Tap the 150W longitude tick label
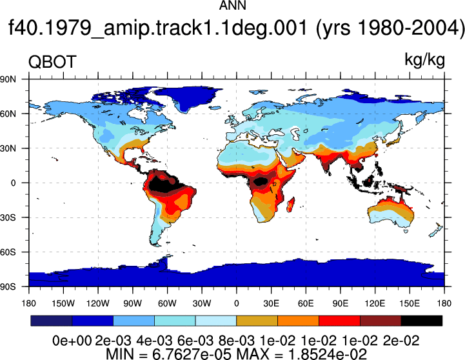(63, 303)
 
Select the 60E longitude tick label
(306, 303)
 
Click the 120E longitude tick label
(375, 303)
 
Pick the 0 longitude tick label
(236, 303)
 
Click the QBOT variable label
(52, 63)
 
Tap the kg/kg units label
(424, 60)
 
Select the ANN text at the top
(232, 5)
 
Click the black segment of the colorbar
(421, 321)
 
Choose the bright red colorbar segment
(339, 321)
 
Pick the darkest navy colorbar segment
(52, 321)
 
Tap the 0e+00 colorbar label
(72, 341)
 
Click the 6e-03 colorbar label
(195, 341)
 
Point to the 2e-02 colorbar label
(401, 341)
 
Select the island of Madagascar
(291, 205)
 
